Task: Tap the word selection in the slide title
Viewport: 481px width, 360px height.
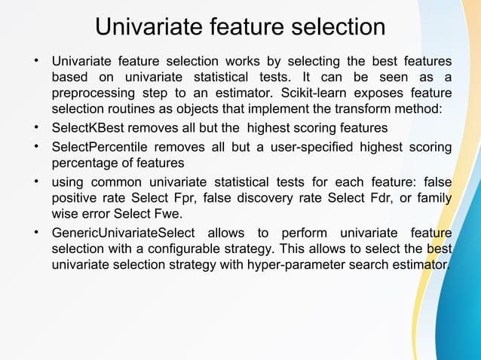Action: pos(335,28)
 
